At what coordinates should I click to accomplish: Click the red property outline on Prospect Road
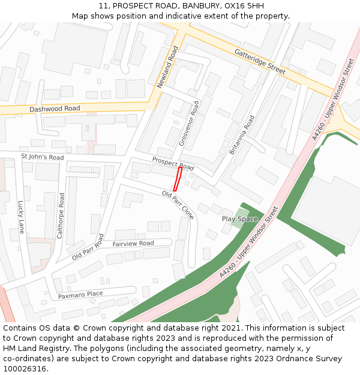tap(178, 179)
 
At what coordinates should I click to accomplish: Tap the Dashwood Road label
tap(55, 109)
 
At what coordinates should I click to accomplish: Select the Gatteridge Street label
tap(260, 62)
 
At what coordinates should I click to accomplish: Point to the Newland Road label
tap(168, 67)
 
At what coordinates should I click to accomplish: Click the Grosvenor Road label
tap(188, 124)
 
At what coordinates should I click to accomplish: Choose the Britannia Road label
tap(242, 135)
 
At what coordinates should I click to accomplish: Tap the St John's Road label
tap(42, 157)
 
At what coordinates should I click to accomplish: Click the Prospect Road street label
tap(173, 163)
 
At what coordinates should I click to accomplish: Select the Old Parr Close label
tap(178, 205)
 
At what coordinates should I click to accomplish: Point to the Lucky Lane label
tap(21, 217)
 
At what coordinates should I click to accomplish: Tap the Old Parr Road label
tap(88, 247)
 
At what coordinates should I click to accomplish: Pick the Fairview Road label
tap(133, 244)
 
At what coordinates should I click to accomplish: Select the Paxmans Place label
tap(80, 295)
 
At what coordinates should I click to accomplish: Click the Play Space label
tap(239, 219)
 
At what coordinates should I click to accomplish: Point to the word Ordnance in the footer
tap(289, 358)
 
